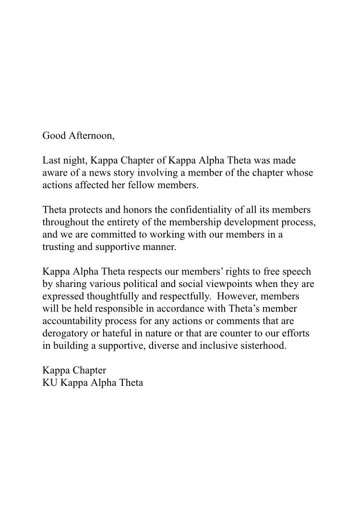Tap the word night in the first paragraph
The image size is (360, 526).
pyautogui.click(x=70, y=160)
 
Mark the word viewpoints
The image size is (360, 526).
pyautogui.click(x=212, y=284)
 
